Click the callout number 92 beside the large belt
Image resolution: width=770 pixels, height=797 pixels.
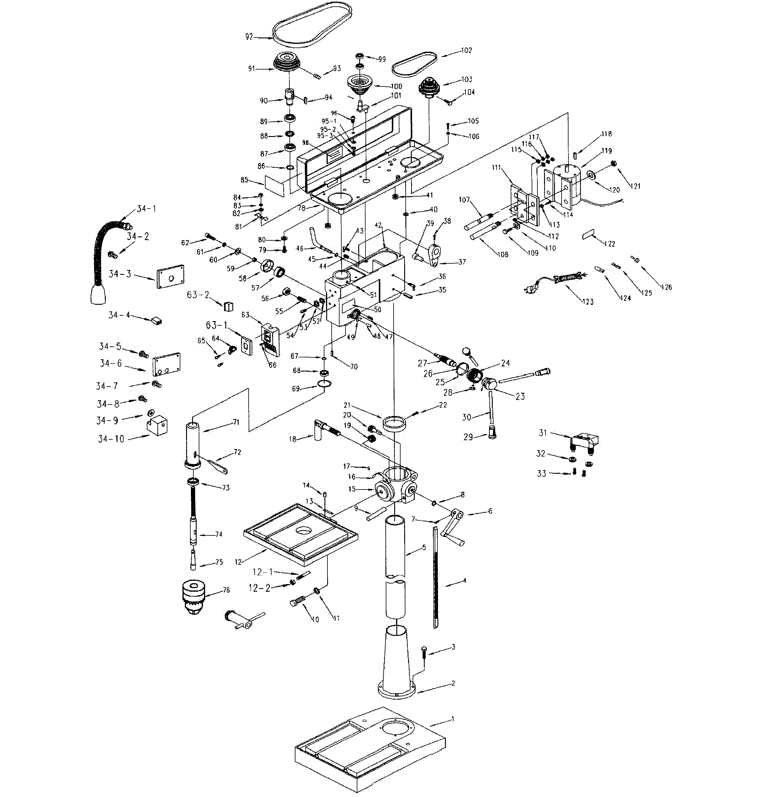coord(249,37)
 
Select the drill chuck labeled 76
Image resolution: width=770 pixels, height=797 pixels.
coord(194,598)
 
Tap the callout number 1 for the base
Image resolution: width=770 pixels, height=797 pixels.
coord(452,719)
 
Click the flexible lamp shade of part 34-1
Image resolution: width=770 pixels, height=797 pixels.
coord(98,294)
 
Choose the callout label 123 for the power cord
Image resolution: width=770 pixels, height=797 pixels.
coord(588,301)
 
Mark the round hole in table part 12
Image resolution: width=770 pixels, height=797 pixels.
coord(302,530)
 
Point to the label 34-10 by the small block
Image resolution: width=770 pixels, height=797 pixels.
coord(111,439)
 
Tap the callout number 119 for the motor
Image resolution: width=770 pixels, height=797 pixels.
coord(606,151)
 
